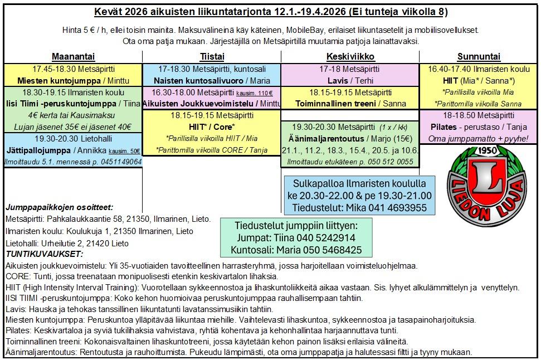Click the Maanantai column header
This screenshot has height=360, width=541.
tap(73, 57)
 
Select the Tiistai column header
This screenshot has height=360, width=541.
tap(211, 57)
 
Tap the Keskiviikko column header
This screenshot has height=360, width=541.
tap(350, 57)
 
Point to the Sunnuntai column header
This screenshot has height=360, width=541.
tap(479, 57)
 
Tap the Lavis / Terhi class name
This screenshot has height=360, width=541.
tap(350, 81)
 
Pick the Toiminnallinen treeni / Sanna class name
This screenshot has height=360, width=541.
tap(350, 103)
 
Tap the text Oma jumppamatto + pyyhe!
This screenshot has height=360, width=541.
tap(479, 138)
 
